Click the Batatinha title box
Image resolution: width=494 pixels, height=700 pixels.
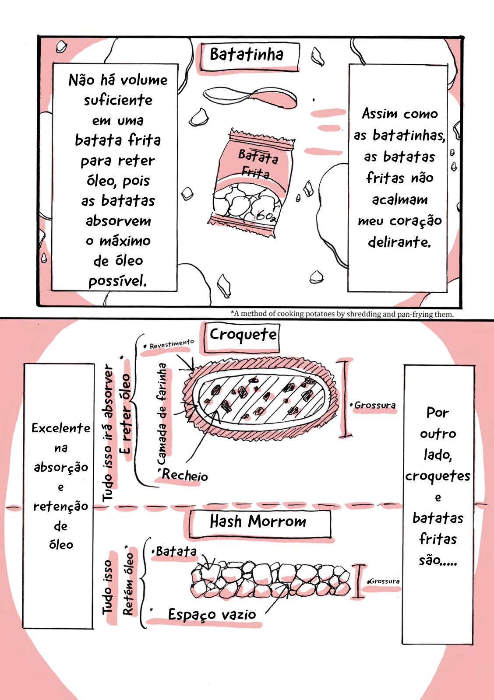point(250,57)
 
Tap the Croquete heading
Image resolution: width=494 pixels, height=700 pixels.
point(243,335)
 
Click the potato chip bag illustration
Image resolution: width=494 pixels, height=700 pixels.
point(252,183)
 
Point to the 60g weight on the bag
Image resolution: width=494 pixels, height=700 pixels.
point(265,216)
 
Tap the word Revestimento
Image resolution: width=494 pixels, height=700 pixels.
point(172,344)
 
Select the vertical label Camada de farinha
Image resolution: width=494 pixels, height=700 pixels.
point(162,414)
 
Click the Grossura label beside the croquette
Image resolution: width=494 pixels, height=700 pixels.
point(374,405)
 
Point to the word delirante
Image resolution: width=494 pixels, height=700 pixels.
point(399,242)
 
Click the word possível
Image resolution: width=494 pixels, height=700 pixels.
point(118,280)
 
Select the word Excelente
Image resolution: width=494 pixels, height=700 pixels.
point(61,428)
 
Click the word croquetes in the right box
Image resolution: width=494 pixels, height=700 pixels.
point(438,476)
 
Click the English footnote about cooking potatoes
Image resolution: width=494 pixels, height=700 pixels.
point(342,314)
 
